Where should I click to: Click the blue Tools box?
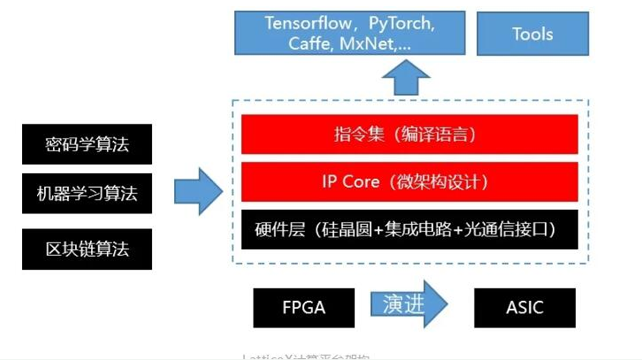click(x=531, y=33)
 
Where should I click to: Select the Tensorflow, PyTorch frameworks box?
click(x=349, y=33)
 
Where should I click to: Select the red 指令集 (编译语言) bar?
click(x=409, y=134)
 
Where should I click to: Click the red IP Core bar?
click(x=409, y=182)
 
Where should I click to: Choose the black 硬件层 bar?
click(x=409, y=229)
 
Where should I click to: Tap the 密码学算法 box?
click(x=87, y=144)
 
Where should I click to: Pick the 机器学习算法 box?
click(x=87, y=191)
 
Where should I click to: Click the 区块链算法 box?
click(x=87, y=248)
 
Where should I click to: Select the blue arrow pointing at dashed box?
click(x=197, y=191)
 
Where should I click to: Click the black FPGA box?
click(x=302, y=308)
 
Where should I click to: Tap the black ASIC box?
click(x=525, y=308)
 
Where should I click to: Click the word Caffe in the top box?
click(x=310, y=43)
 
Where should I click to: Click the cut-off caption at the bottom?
click(x=305, y=356)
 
